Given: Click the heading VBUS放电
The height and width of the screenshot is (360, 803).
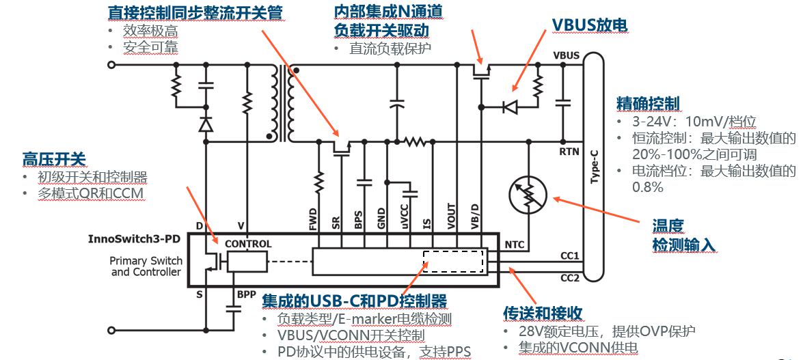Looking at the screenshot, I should [x=589, y=25].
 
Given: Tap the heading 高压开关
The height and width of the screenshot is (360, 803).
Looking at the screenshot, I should [x=55, y=160].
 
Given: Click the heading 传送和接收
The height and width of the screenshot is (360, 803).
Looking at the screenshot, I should [x=543, y=313].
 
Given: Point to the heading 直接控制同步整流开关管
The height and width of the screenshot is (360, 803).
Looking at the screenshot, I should [x=195, y=12].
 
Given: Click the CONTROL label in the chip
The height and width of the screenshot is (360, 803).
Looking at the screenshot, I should [x=248, y=244].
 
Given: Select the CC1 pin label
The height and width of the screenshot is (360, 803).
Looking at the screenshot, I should [x=570, y=256].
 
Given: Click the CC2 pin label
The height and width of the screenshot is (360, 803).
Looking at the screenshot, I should [x=570, y=277].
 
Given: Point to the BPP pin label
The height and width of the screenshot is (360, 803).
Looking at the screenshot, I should [x=247, y=294].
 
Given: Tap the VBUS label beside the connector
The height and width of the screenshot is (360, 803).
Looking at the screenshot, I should [x=566, y=55].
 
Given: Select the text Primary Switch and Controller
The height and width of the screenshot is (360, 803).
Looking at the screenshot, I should [x=146, y=266].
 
